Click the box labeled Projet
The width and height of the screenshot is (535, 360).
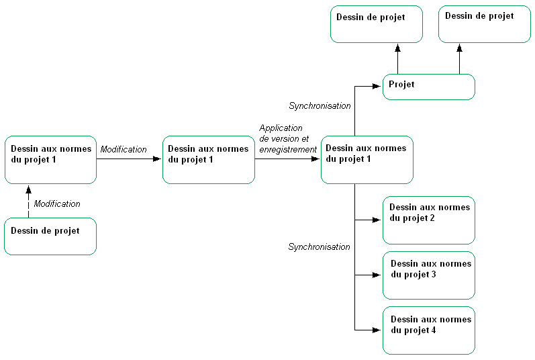click(428, 87)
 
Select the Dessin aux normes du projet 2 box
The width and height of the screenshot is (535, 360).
click(428, 220)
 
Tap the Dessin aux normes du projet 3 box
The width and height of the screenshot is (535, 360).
click(428, 275)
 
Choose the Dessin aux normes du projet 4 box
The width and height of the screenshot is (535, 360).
click(428, 330)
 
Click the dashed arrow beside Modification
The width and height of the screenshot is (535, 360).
click(28, 201)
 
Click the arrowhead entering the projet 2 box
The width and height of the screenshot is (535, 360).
click(378, 220)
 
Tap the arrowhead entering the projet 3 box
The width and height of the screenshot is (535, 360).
click(378, 275)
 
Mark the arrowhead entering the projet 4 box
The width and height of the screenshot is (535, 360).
click(378, 330)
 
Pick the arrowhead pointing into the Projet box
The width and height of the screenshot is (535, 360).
click(378, 86)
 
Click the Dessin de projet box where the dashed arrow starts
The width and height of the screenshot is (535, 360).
click(50, 236)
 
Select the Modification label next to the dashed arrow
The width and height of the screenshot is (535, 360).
click(57, 204)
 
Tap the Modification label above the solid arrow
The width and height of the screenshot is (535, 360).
click(124, 149)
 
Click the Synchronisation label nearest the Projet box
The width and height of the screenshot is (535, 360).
click(320, 105)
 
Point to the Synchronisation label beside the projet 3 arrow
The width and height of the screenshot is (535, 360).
click(319, 246)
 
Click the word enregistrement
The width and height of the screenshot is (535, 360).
click(288, 149)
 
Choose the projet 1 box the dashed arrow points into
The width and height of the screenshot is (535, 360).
click(50, 159)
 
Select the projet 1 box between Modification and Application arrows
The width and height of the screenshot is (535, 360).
click(208, 159)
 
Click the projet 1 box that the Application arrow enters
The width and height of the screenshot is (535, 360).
click(367, 159)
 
